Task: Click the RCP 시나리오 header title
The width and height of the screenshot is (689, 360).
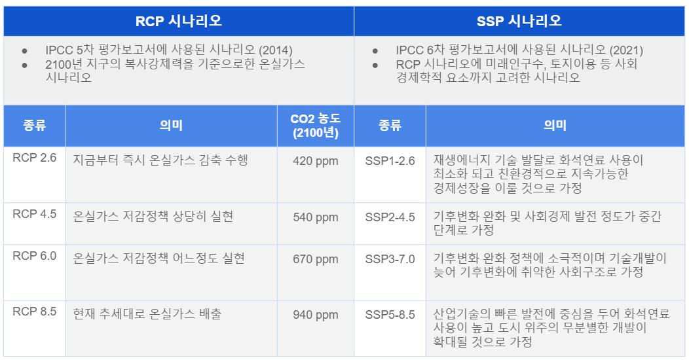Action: coord(179,21)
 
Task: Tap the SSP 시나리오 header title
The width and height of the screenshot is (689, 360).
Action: coord(519,21)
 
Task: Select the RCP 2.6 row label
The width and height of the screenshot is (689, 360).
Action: coord(34,158)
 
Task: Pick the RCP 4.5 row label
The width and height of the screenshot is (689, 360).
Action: coord(34,214)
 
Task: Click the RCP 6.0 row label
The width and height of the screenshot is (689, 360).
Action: coord(34,256)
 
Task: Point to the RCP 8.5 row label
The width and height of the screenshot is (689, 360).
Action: coord(34,312)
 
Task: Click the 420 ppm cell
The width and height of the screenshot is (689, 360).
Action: coord(316,161)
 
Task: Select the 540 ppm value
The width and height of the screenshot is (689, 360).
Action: coord(316,217)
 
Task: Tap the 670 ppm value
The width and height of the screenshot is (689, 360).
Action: coord(316,259)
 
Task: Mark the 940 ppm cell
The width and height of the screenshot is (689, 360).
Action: coord(316,315)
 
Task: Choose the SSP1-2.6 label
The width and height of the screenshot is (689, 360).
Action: coord(390,161)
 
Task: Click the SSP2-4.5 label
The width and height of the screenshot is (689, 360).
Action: coord(390,217)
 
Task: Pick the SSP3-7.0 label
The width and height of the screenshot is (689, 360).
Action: coord(390,259)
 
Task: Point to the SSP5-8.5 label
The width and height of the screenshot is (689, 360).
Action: coord(390,315)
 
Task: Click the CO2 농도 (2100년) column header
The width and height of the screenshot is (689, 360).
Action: coord(316,126)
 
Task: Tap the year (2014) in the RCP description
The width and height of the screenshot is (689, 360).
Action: coord(275,50)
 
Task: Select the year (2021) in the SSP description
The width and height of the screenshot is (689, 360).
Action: coord(625,50)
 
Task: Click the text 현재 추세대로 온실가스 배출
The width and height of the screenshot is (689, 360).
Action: coord(147,314)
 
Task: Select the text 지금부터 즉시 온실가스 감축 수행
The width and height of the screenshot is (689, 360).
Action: coord(160,160)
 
